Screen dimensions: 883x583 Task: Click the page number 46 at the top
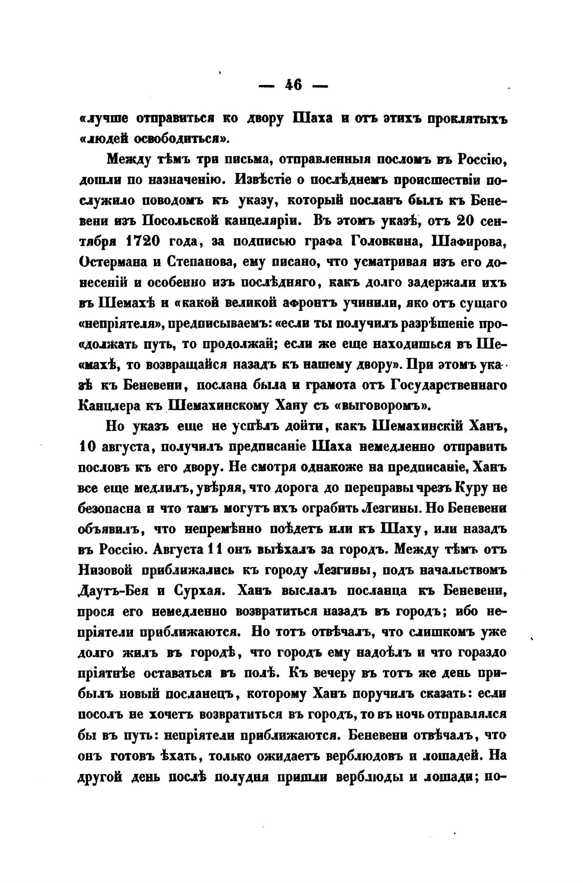[x=294, y=85]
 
